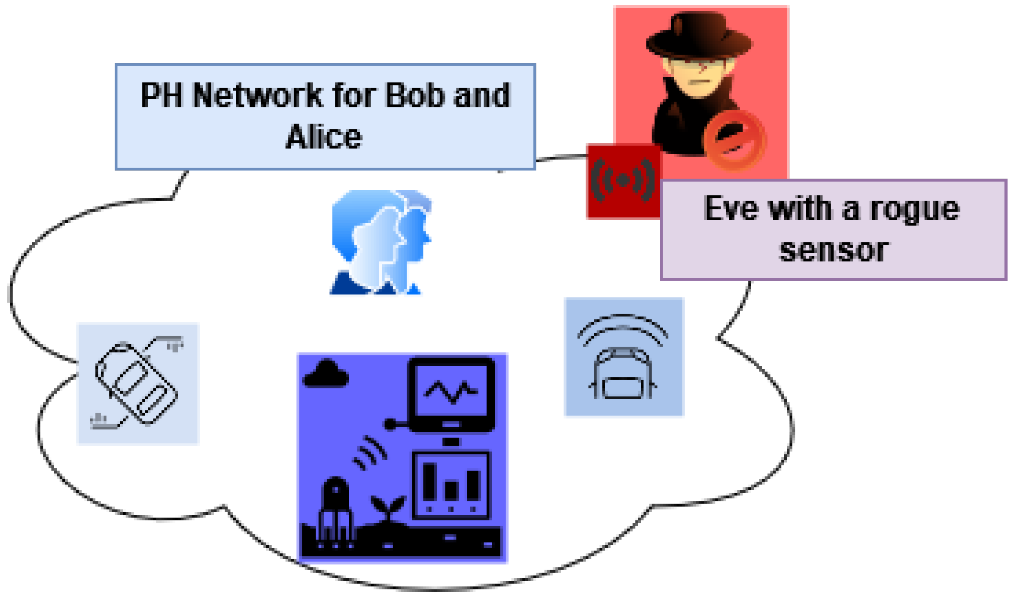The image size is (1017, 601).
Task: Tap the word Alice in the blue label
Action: coord(324,137)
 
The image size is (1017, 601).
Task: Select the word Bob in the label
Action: coord(415,95)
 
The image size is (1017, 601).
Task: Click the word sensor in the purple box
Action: coord(833,250)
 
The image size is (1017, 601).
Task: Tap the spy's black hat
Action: coord(698,36)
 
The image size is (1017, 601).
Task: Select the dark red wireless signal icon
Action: coord(623,181)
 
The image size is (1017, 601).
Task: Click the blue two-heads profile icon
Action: coord(381,243)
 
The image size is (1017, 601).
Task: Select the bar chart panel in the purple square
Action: coord(451,485)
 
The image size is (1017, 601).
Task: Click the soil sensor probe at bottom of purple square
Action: coord(335,511)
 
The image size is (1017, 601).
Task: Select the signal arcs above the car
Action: coord(623,328)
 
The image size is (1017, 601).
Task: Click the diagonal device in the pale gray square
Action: coord(137,383)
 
